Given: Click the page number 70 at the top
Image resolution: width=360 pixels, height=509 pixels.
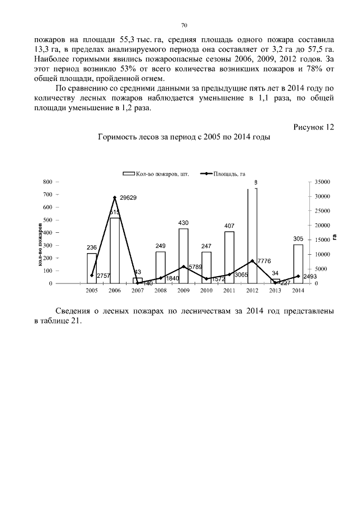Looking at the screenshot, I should coord(184,25).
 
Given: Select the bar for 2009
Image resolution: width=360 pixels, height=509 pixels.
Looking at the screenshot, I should coord(183,256).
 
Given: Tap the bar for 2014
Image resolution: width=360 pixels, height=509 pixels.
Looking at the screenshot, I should coord(298,264).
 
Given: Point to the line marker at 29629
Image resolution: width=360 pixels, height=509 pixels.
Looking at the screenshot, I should coord(115,197).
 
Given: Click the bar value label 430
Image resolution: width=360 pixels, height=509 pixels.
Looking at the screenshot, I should coord(183,223).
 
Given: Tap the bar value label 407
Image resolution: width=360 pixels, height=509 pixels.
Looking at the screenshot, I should coord(229,226).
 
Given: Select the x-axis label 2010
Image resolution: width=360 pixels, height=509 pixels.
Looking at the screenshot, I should coord(206,291).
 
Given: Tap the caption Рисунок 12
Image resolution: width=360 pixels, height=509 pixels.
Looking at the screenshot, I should coord(314,127).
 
